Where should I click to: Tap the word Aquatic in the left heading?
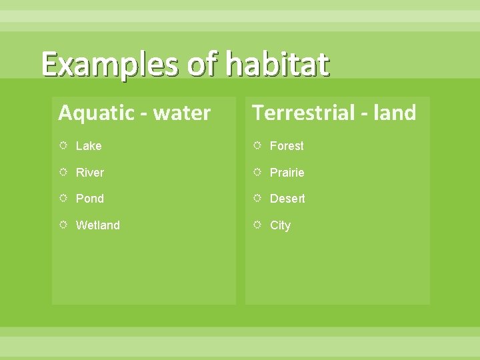click(96, 113)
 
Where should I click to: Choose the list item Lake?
click(89, 146)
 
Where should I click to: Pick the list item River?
click(90, 173)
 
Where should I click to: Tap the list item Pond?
click(90, 199)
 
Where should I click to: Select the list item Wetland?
click(98, 225)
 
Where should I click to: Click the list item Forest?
click(287, 146)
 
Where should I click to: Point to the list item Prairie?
click(287, 173)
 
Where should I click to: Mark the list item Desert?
click(287, 199)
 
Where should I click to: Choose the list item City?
click(280, 225)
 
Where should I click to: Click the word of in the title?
click(203, 65)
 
